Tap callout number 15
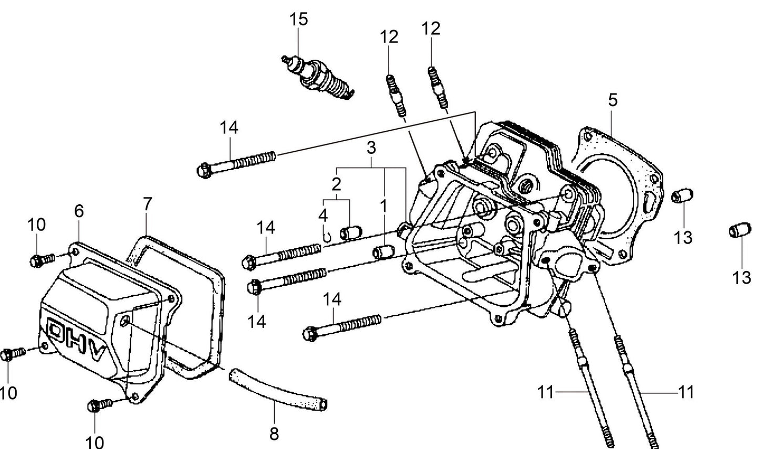298,19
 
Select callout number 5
613,100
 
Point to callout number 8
274,434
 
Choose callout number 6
79,211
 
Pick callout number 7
147,204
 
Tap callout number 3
371,148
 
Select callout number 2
336,184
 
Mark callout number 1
384,206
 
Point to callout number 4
323,215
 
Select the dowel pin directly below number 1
383,252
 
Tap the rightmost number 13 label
742,277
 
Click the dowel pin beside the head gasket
683,195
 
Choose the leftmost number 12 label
389,37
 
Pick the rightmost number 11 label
686,392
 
